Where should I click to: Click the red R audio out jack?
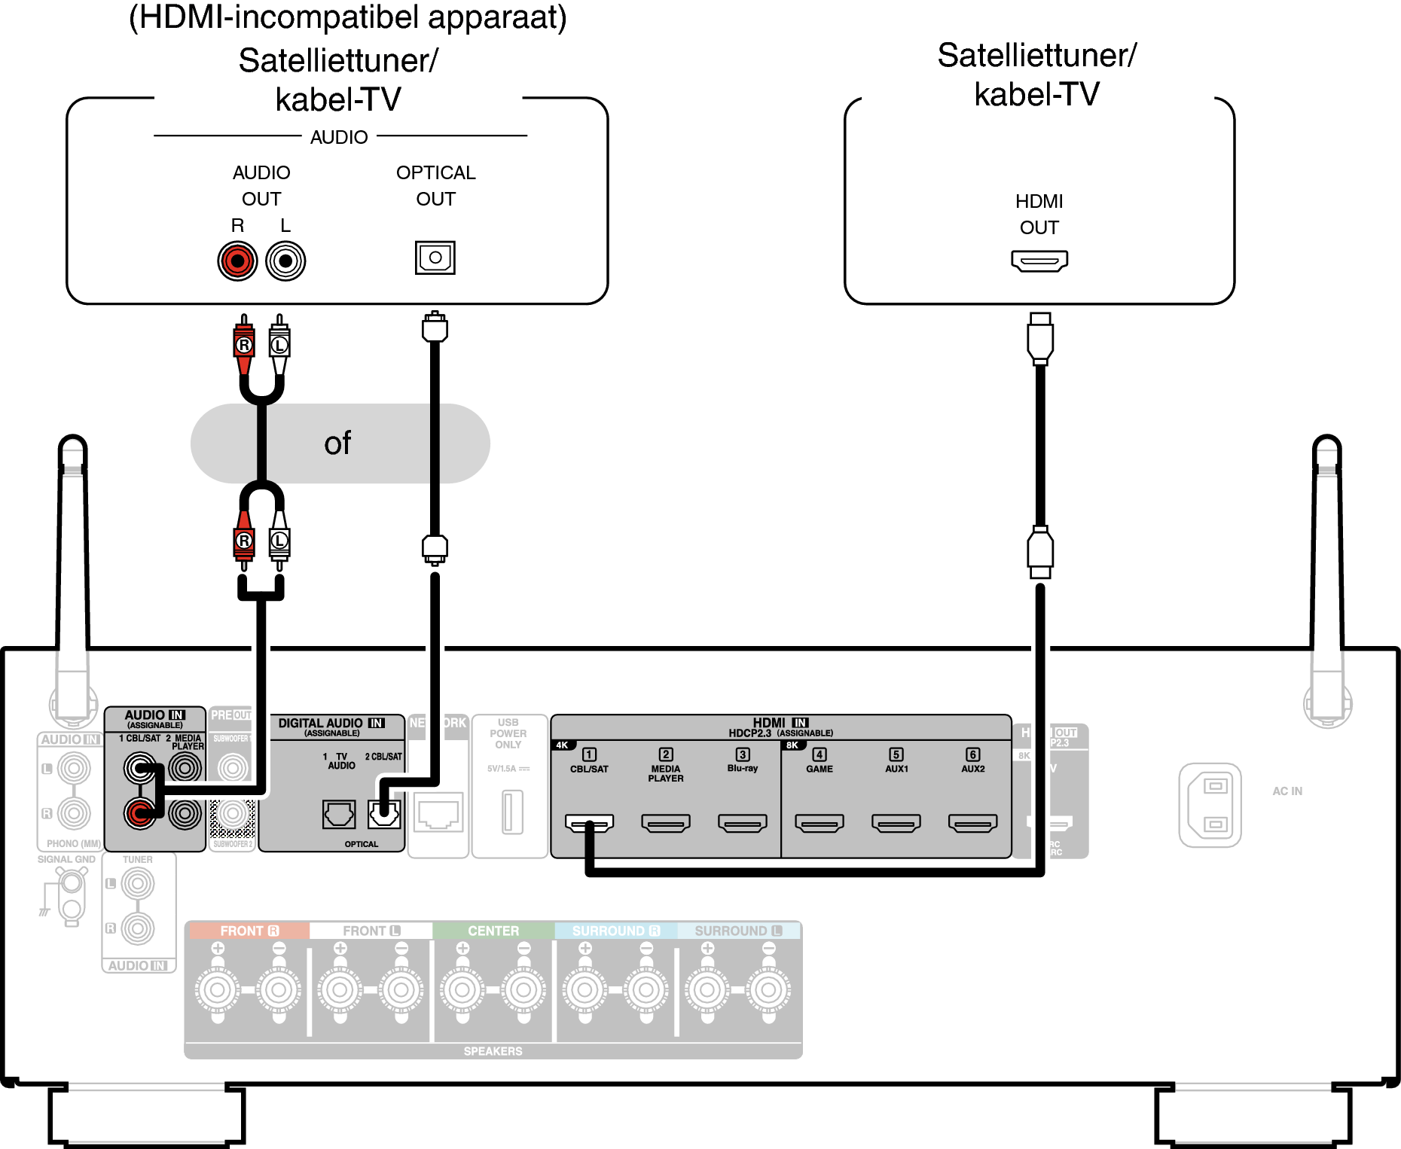click(x=237, y=261)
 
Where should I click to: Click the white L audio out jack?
click(x=285, y=261)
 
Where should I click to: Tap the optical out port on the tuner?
click(x=435, y=258)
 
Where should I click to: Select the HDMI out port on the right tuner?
click(x=1039, y=261)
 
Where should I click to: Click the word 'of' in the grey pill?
click(x=337, y=443)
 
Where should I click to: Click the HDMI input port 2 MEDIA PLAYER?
click(x=666, y=823)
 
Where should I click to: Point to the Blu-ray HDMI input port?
click(x=743, y=823)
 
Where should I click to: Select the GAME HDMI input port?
click(x=820, y=823)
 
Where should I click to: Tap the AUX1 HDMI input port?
click(x=896, y=823)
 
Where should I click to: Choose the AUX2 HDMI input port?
click(x=973, y=823)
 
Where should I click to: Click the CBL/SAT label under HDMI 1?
click(x=589, y=770)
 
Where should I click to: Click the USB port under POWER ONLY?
click(x=512, y=812)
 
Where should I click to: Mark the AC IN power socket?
click(x=1210, y=805)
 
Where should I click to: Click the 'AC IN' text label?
click(x=1287, y=791)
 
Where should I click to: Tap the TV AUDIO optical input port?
click(x=339, y=814)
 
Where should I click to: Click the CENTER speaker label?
click(x=493, y=931)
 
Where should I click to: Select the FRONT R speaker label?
click(x=249, y=931)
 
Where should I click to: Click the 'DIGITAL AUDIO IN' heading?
click(x=331, y=724)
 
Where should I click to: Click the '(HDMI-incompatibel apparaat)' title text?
click(x=348, y=18)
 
